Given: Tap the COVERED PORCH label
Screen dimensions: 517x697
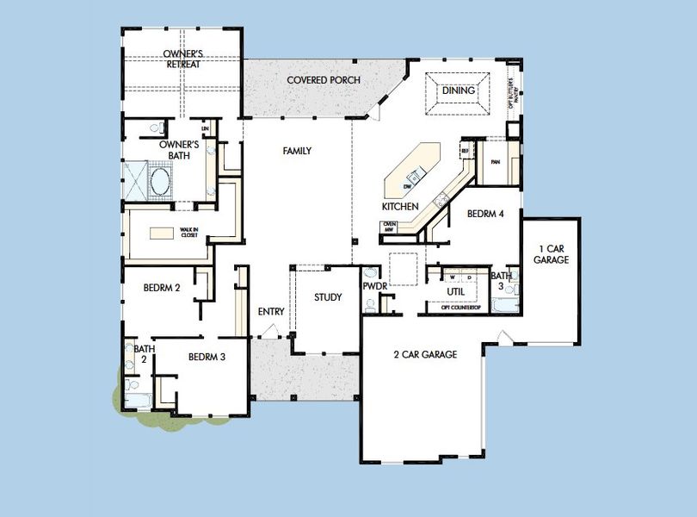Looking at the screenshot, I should [x=323, y=80].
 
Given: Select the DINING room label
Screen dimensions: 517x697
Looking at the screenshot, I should [x=458, y=90].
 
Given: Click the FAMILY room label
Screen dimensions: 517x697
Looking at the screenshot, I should [x=297, y=151].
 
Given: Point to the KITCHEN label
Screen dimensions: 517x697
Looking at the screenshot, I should [x=400, y=207].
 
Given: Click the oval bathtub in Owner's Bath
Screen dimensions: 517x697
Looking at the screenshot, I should [x=161, y=181].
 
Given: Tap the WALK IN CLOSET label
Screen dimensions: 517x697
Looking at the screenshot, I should [x=189, y=231].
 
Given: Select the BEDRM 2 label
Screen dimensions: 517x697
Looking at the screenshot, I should [x=161, y=289].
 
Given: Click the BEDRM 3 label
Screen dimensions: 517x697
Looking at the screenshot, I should [x=207, y=357].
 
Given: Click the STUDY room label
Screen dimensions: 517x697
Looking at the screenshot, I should [x=328, y=297].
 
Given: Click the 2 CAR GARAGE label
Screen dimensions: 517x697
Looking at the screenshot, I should [x=425, y=354].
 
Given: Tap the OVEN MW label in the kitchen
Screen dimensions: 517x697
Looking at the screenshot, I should [x=390, y=227].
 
